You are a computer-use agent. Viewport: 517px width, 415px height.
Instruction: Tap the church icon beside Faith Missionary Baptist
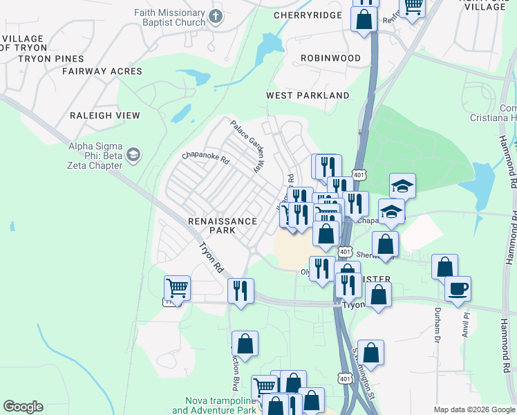coord(217,15)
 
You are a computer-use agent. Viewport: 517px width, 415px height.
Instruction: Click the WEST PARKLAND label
coord(308,95)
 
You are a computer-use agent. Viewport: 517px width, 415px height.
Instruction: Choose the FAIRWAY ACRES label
coord(102,71)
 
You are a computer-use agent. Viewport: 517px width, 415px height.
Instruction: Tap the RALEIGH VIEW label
coord(105,116)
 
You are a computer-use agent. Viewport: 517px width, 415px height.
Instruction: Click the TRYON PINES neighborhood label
coord(50,59)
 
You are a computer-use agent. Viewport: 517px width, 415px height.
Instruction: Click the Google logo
coord(23,407)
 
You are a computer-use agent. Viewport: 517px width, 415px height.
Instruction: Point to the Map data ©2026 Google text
coord(473,409)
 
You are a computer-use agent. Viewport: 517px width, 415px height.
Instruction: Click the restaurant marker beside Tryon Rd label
coord(241,290)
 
